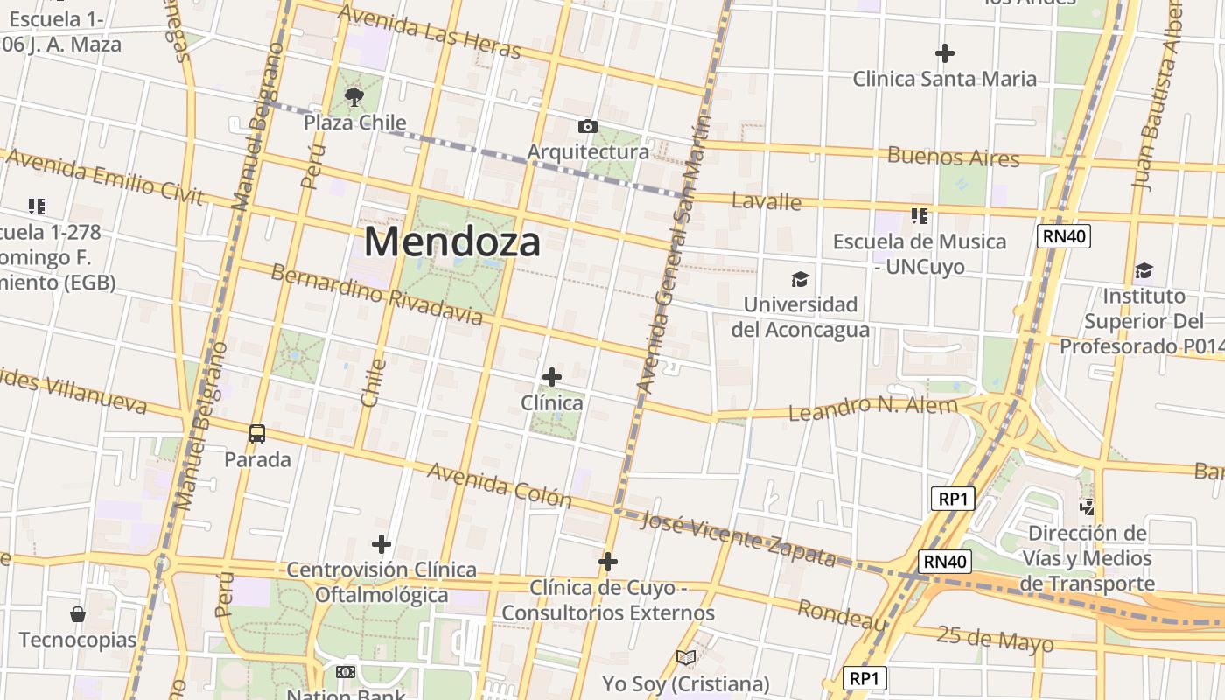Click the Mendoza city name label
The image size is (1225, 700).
452,241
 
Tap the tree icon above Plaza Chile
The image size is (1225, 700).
354,96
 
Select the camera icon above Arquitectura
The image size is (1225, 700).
588,127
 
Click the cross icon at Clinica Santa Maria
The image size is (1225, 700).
944,53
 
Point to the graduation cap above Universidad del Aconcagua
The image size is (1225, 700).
800,280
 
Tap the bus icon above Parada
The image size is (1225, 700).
257,433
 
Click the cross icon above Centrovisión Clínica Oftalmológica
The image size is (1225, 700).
381,544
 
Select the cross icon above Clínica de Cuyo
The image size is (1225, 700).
608,562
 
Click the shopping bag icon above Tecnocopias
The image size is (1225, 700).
78,614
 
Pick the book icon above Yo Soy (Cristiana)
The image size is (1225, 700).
686,657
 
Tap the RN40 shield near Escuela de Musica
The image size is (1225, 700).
1064,235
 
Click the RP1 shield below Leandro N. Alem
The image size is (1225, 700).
952,499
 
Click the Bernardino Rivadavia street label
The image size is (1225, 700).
376,294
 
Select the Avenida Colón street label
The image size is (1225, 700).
499,486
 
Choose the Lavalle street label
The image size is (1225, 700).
766,202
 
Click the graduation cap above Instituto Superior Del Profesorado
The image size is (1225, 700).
1144,270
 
